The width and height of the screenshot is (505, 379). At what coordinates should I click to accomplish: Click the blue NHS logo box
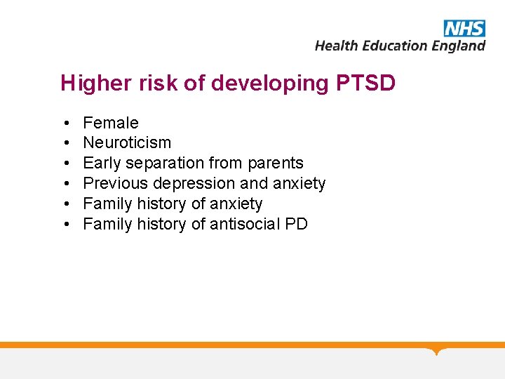[x=464, y=28]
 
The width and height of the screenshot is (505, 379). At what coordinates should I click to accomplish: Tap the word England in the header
[x=459, y=46]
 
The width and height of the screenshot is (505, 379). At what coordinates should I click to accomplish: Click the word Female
[x=111, y=123]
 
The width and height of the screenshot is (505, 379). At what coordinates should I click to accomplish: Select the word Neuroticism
[x=127, y=143]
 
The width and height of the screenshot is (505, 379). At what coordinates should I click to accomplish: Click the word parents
[x=276, y=164]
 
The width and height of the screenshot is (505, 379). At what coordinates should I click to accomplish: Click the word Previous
[x=111, y=184]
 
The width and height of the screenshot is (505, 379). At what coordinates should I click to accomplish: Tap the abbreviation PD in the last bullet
[x=297, y=225]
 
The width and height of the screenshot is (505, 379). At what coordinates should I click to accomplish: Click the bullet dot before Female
[x=65, y=124]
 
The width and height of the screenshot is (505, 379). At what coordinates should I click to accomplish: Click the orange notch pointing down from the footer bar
[x=437, y=350]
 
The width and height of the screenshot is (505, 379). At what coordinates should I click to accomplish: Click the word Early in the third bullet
[x=102, y=164]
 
